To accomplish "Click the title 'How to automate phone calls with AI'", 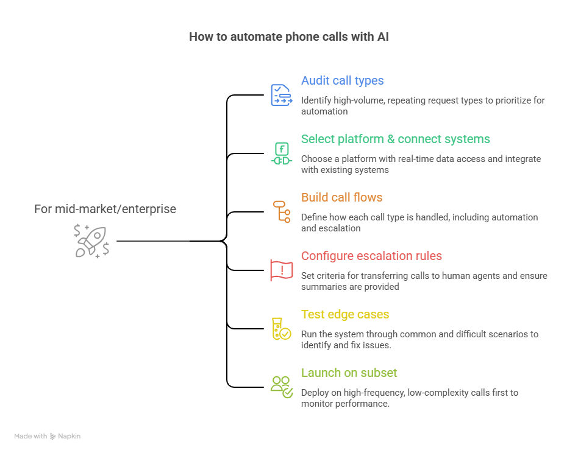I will [288, 37].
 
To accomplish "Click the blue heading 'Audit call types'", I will [342, 81].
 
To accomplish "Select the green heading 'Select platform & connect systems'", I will [395, 139].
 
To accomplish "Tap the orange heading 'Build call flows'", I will [341, 198].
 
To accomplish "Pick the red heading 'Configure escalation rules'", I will [371, 256].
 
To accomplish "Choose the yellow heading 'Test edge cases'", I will [344, 315].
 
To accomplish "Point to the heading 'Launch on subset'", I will [349, 373].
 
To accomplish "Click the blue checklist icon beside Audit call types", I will [281, 95].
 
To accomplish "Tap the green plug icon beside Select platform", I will [281, 153].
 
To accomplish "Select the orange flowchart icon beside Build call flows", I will [280, 212].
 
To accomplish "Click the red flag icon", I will [281, 270].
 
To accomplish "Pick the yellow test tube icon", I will [280, 329].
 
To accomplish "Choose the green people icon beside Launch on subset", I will [281, 387].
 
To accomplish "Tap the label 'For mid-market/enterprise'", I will [105, 209].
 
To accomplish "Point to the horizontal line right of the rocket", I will [152, 241].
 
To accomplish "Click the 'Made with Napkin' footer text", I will [48, 437].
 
